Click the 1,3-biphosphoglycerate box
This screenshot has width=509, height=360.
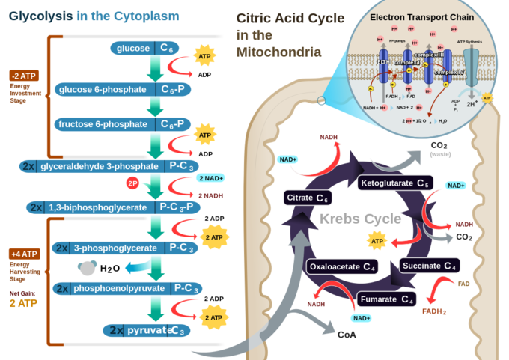point(113,207)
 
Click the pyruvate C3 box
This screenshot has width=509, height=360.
point(147,329)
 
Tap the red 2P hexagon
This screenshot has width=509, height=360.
point(132,183)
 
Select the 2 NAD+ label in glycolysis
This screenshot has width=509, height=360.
point(212,178)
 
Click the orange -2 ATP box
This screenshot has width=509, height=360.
point(24,76)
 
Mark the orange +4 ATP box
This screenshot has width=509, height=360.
point(24,254)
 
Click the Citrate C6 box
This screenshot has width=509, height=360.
point(308,198)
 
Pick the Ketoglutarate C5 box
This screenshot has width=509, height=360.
point(394,183)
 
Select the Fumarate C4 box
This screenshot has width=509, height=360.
point(386,299)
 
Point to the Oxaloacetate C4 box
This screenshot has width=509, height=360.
point(341,266)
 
